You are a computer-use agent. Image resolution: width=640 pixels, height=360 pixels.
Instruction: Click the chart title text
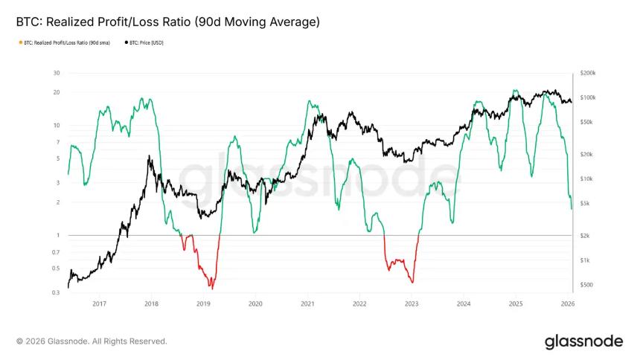point(167,22)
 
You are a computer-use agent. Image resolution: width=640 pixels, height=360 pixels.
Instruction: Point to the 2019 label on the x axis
point(203,303)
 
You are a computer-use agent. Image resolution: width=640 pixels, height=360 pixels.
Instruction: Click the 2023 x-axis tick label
point(412,303)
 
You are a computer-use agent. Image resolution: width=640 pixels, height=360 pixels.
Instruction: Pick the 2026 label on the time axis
point(567,303)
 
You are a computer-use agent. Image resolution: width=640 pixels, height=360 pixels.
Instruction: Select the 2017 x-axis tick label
point(99,303)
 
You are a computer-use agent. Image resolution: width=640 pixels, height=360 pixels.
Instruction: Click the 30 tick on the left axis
point(57,73)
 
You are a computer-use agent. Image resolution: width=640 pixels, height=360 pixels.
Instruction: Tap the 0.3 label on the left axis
point(56,292)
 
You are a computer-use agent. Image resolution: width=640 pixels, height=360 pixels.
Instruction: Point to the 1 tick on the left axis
point(58,235)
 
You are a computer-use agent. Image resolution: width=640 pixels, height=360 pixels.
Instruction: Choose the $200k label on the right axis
point(587,74)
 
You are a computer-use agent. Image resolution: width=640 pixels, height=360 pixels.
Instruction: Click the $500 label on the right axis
point(586,285)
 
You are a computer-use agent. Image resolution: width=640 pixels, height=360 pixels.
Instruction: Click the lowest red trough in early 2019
point(211,288)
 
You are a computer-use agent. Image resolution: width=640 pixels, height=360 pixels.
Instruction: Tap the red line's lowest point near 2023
point(412,283)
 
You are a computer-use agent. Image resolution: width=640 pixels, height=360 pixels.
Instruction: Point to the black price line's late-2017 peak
point(150,156)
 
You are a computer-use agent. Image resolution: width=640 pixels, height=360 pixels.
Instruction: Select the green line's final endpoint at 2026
point(572,209)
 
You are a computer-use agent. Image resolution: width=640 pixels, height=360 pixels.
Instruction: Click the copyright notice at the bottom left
point(92,341)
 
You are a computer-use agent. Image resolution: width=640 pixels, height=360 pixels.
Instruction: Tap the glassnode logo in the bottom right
point(583,341)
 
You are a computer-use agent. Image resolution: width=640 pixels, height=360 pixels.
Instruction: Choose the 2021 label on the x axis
point(307,303)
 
